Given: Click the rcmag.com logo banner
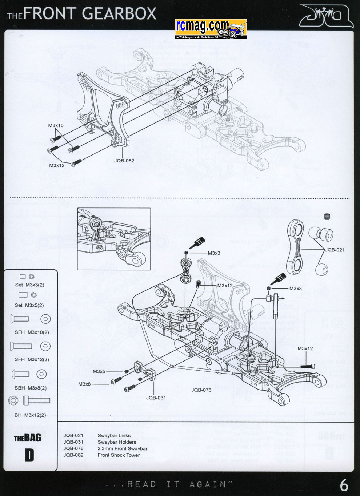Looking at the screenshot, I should point(211,29).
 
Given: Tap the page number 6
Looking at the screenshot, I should point(344,485).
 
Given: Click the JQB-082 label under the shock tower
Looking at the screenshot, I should point(124,160).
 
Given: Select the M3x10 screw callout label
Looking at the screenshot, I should point(56,126).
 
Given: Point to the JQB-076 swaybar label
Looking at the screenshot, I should point(201,390).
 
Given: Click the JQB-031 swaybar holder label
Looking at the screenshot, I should point(156,398).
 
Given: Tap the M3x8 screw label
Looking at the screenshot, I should point(84,384).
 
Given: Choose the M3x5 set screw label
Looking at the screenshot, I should point(99,371).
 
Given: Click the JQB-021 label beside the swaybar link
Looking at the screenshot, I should point(335,250).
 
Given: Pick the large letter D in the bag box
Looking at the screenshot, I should point(29,456).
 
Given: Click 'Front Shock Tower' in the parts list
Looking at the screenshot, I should point(119,455).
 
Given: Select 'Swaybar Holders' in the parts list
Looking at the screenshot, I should point(117,442).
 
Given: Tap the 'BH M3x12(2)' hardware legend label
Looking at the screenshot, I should point(30,415).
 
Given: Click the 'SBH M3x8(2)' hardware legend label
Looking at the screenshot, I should point(31,388).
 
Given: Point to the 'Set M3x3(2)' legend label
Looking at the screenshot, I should point(29,285).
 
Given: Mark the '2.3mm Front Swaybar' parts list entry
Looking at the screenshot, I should point(122,449).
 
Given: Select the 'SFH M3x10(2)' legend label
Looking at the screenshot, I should point(32,332).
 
